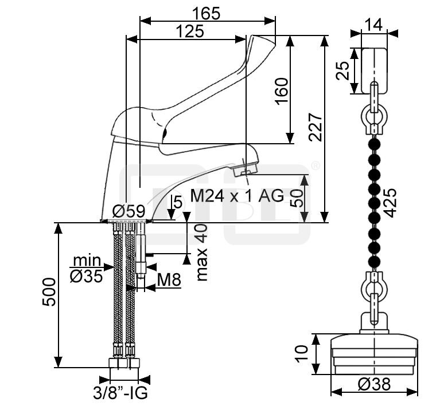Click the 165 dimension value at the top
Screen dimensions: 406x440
[x=206, y=12]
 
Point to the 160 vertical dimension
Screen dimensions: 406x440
[x=281, y=90]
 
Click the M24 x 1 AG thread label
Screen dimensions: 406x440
[x=237, y=196]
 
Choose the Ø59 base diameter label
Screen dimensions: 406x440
[x=129, y=210]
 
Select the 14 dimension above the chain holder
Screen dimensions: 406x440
[x=375, y=23]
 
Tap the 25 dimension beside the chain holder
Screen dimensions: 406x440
[x=344, y=71]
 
